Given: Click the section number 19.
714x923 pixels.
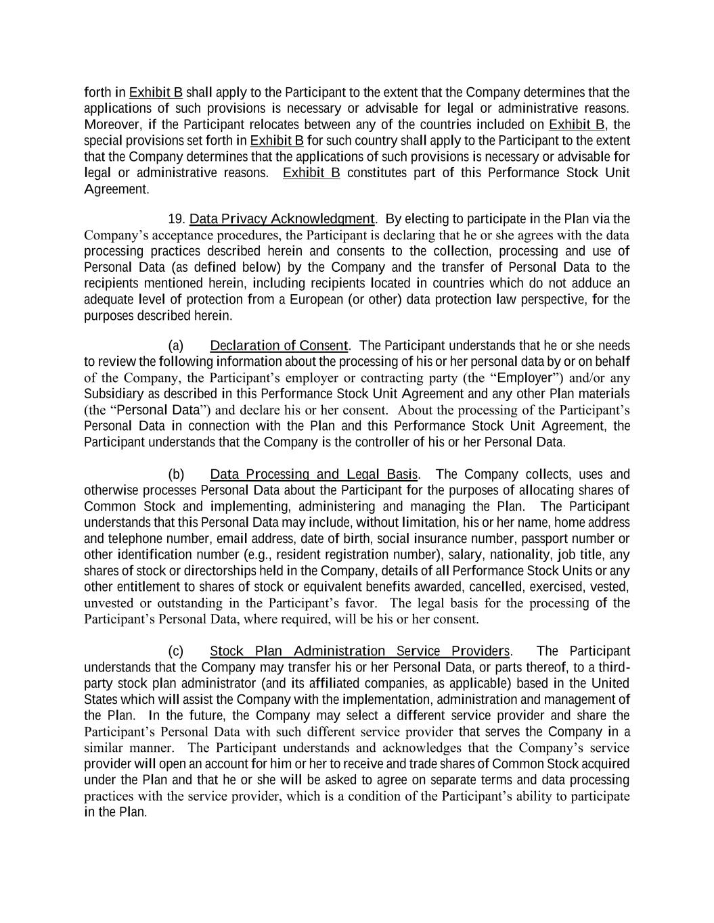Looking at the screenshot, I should [x=176, y=219].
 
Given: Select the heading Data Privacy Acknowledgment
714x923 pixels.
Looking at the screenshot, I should [x=282, y=219].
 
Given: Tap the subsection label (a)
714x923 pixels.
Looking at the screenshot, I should [x=176, y=346].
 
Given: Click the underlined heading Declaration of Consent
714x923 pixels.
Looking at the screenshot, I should [x=279, y=346].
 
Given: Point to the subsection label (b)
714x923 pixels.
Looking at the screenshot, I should [x=176, y=475].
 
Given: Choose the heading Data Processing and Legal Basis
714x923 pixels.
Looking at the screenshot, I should [x=314, y=475].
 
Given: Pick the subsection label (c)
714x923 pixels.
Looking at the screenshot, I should [x=176, y=651].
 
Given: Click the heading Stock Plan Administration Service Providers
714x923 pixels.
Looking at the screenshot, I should [x=360, y=651].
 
